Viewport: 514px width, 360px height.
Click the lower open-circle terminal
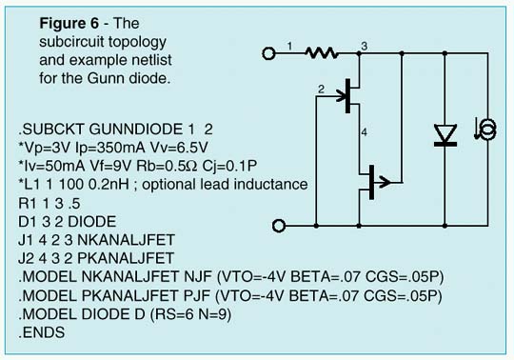(x=279, y=226)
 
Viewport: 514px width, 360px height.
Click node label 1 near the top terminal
(x=290, y=45)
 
